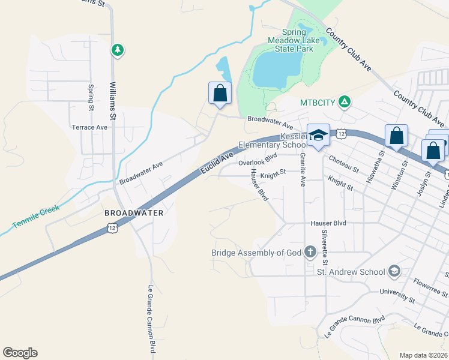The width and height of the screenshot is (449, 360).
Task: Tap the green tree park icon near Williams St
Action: click(x=118, y=50)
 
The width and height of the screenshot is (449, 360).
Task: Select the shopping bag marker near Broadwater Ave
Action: click(x=220, y=94)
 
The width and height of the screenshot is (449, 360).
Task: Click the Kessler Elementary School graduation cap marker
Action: click(x=318, y=137)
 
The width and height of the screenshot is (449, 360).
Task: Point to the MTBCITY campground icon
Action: click(x=344, y=102)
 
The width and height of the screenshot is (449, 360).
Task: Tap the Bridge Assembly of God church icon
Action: click(x=310, y=252)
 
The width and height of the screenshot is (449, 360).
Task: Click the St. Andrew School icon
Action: click(x=394, y=272)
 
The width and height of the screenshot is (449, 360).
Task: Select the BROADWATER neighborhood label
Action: click(x=134, y=213)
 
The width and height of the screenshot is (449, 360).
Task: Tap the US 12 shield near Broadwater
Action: click(x=112, y=227)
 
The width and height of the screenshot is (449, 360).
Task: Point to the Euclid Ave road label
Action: click(x=217, y=164)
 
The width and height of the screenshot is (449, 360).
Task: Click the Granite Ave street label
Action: click(x=303, y=169)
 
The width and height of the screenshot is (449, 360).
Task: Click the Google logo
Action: click(x=20, y=353)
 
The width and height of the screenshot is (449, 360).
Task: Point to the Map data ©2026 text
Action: click(x=423, y=355)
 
